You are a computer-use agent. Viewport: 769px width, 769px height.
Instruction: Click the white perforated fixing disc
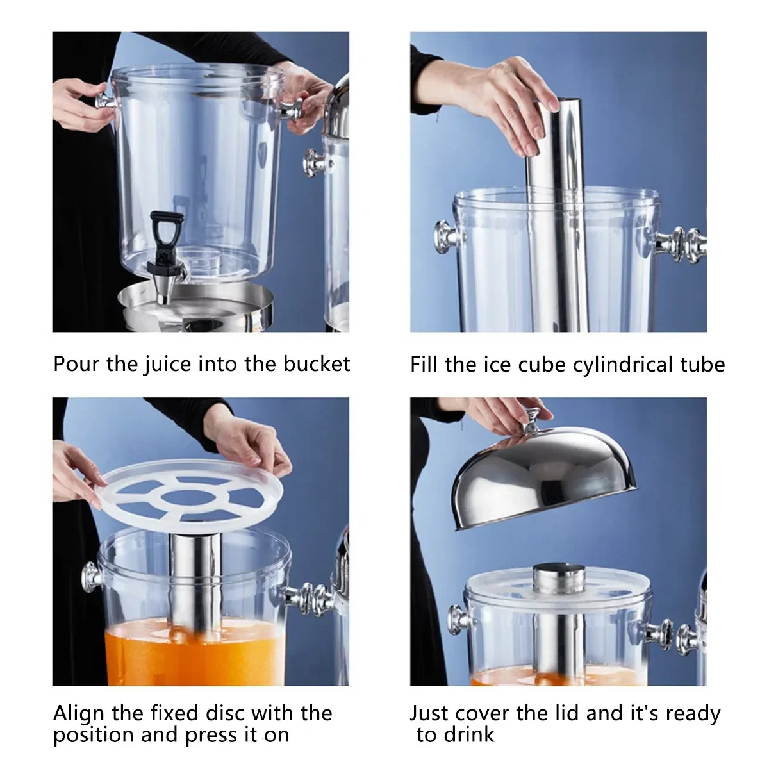pos(191,492)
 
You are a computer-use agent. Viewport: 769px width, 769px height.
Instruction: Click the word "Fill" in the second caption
pos(425,365)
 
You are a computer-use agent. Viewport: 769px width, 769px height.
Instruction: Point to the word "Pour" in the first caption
pos(76,363)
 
